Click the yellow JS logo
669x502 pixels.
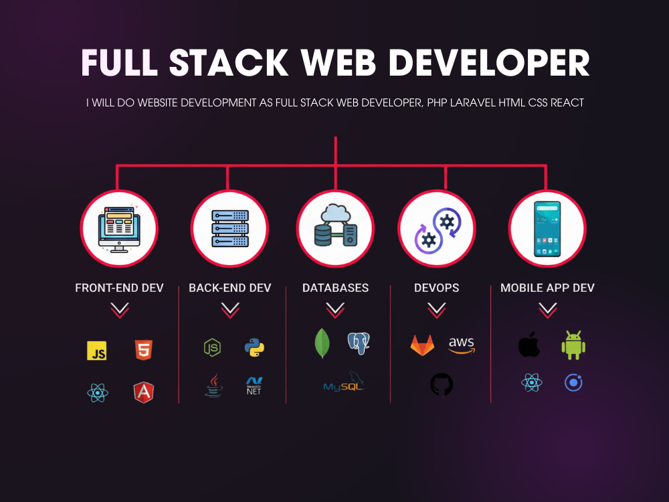pyautogui.click(x=97, y=351)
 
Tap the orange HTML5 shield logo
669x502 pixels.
pyautogui.click(x=144, y=349)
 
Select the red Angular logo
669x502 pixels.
pyautogui.click(x=144, y=392)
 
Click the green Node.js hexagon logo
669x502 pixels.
pyautogui.click(x=212, y=347)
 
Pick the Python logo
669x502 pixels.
pyautogui.click(x=254, y=347)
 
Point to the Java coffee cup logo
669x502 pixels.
pyautogui.click(x=214, y=386)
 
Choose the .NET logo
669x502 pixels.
pyautogui.click(x=254, y=386)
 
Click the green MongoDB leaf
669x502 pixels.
pyautogui.click(x=322, y=343)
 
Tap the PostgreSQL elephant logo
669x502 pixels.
pyautogui.click(x=359, y=343)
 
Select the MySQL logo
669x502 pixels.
pyautogui.click(x=343, y=382)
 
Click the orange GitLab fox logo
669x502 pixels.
pyautogui.click(x=422, y=345)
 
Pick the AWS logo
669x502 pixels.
pyautogui.click(x=462, y=345)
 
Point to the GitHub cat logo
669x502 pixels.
pyautogui.click(x=442, y=385)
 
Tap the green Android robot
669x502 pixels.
pyautogui.click(x=573, y=345)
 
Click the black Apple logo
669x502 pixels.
pyautogui.click(x=529, y=345)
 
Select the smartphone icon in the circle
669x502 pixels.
pyautogui.click(x=547, y=229)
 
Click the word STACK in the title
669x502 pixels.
pyautogui.click(x=229, y=63)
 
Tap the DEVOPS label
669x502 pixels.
pyautogui.click(x=436, y=288)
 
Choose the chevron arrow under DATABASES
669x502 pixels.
pyautogui.click(x=335, y=311)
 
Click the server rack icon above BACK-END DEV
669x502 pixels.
pyautogui.click(x=230, y=228)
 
